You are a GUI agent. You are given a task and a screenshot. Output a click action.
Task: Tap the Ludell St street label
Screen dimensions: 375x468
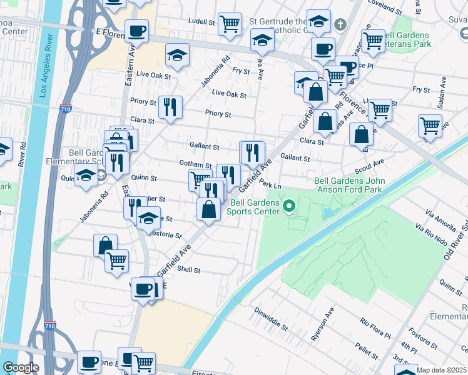coord(201,21)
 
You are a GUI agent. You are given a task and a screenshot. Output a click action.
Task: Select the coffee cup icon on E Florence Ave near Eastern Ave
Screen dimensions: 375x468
coord(136,31)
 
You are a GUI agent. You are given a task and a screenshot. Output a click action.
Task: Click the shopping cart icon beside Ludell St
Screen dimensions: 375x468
coord(230,24)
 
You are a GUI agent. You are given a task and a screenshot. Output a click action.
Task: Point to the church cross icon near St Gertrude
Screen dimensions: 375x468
coord(340,25)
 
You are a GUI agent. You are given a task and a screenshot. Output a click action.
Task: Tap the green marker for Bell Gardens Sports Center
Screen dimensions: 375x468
coord(289,206)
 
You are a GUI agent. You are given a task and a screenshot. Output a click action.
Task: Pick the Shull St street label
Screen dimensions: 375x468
coord(188,270)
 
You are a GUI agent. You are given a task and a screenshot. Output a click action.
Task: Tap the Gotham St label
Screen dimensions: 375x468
coord(195,164)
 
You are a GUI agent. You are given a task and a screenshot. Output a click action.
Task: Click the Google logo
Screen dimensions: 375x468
coord(21,367)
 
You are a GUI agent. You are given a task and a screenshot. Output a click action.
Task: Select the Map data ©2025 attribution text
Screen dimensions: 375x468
coord(440,370)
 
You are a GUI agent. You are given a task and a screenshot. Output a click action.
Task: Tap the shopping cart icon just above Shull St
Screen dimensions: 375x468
coord(116,261)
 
